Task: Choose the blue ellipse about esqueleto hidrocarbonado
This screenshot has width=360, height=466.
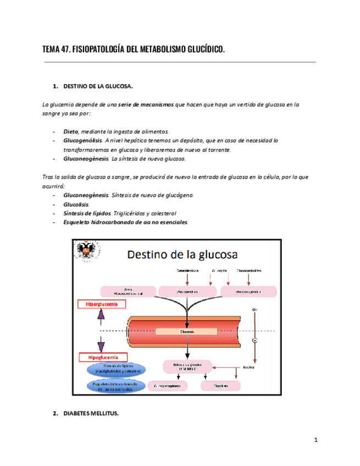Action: coord(116,386)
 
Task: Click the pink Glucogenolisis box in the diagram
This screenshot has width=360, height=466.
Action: coord(188,291)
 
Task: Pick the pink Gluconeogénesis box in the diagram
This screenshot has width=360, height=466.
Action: coord(248,291)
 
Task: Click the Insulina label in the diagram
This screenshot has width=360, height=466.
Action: coord(248,368)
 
